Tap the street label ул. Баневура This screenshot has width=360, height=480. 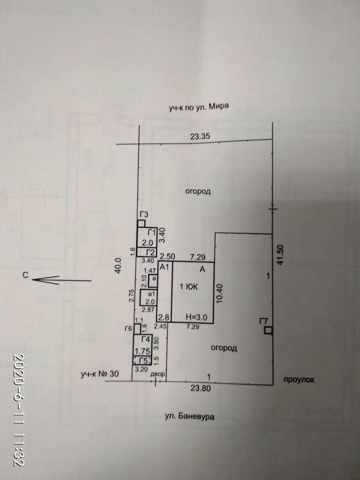190,416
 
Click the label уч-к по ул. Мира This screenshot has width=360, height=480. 199,108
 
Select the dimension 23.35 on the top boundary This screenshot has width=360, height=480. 200,136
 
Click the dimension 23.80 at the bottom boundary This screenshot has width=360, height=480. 201,388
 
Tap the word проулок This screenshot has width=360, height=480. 299,379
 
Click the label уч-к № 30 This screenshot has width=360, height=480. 100,374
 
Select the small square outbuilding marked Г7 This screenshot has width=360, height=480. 268,330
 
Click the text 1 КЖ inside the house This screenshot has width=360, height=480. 188,287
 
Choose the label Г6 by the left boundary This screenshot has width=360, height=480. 128,329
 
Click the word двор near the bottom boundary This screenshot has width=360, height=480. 157,374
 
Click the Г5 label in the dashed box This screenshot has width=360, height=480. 144,361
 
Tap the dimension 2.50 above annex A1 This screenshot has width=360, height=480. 166,256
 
